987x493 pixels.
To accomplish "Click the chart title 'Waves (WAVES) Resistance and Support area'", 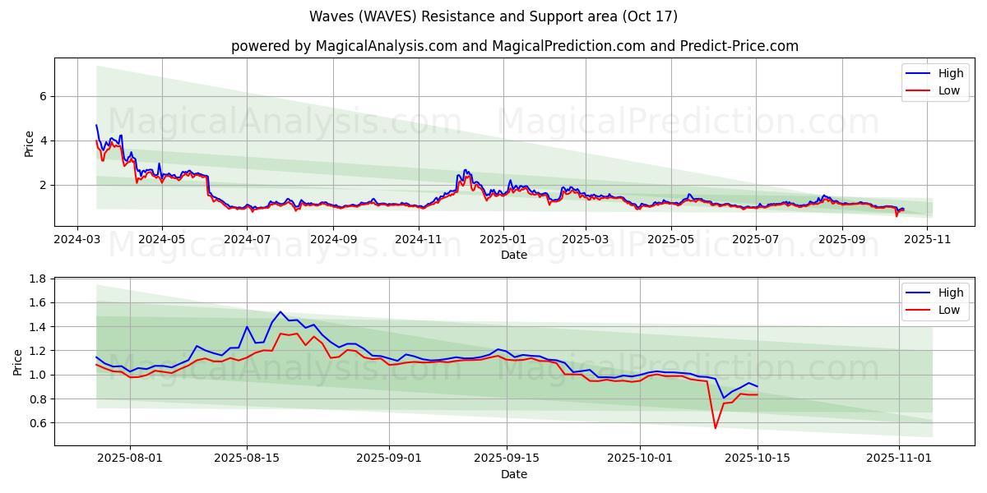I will point(493,16).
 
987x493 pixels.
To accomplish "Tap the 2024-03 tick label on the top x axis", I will point(77,239).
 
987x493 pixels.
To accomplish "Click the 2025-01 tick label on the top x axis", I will point(502,239).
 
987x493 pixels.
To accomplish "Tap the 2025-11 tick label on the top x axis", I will point(927,239).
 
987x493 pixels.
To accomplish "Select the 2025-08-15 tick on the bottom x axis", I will point(247,458).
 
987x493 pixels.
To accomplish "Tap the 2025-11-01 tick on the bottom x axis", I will point(899,458).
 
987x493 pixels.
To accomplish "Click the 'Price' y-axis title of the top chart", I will point(30,143).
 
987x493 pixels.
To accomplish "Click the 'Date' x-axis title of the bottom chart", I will point(514,474).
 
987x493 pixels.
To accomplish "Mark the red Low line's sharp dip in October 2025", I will point(715,428).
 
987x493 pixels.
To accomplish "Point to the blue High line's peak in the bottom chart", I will point(280,312).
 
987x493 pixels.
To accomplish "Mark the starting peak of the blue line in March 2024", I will point(96,125).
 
